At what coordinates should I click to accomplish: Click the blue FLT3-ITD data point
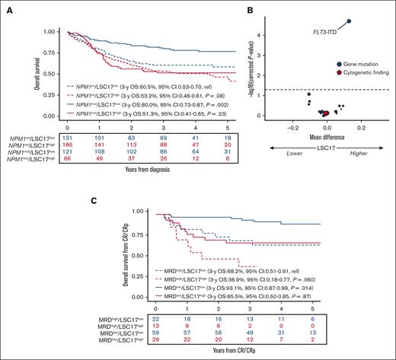(x=349, y=21)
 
